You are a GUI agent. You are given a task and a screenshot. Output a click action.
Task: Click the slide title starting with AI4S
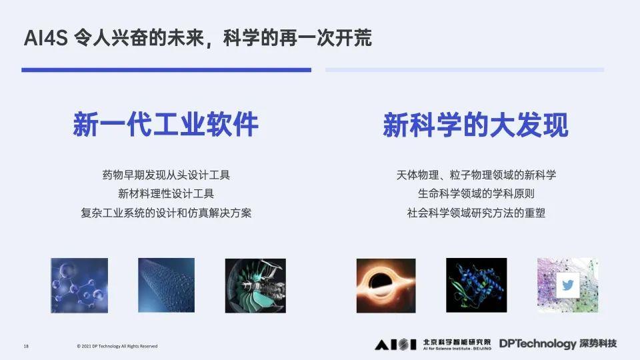click(x=197, y=38)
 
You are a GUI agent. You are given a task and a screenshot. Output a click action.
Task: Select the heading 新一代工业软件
click(x=165, y=125)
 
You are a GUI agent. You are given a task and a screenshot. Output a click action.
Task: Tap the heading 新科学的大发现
click(x=475, y=125)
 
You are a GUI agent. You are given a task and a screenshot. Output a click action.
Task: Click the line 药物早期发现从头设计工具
click(x=166, y=175)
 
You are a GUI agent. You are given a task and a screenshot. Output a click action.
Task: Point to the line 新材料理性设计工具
click(x=166, y=194)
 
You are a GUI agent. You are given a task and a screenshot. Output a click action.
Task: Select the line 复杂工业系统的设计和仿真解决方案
click(x=166, y=213)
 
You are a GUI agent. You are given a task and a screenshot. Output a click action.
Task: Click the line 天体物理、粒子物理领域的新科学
click(x=476, y=175)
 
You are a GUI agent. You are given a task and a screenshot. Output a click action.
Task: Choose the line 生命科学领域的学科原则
click(x=476, y=194)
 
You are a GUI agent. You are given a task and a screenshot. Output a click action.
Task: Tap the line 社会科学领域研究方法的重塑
click(x=476, y=213)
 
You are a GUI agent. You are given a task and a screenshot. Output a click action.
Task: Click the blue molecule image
click(x=79, y=285)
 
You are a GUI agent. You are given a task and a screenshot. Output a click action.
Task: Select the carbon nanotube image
click(x=167, y=285)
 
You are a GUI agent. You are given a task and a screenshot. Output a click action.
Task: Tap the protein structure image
click(x=476, y=285)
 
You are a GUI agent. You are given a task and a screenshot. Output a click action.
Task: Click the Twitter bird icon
click(x=568, y=285)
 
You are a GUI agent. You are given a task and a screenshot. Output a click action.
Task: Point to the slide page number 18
click(x=26, y=346)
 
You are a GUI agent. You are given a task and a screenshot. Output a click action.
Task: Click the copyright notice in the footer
click(x=117, y=346)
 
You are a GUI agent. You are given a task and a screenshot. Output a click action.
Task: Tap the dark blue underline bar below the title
click(x=166, y=69)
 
